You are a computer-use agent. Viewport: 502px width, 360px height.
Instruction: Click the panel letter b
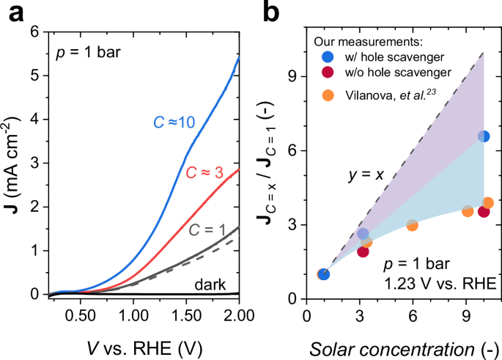point(270,11)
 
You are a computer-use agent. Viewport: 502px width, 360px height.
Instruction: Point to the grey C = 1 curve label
point(210,229)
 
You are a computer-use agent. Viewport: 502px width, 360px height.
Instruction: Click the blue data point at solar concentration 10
point(484,136)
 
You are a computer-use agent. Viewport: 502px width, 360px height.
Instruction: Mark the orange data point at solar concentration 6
point(413,225)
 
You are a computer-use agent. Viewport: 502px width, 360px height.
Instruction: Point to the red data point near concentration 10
point(484,212)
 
